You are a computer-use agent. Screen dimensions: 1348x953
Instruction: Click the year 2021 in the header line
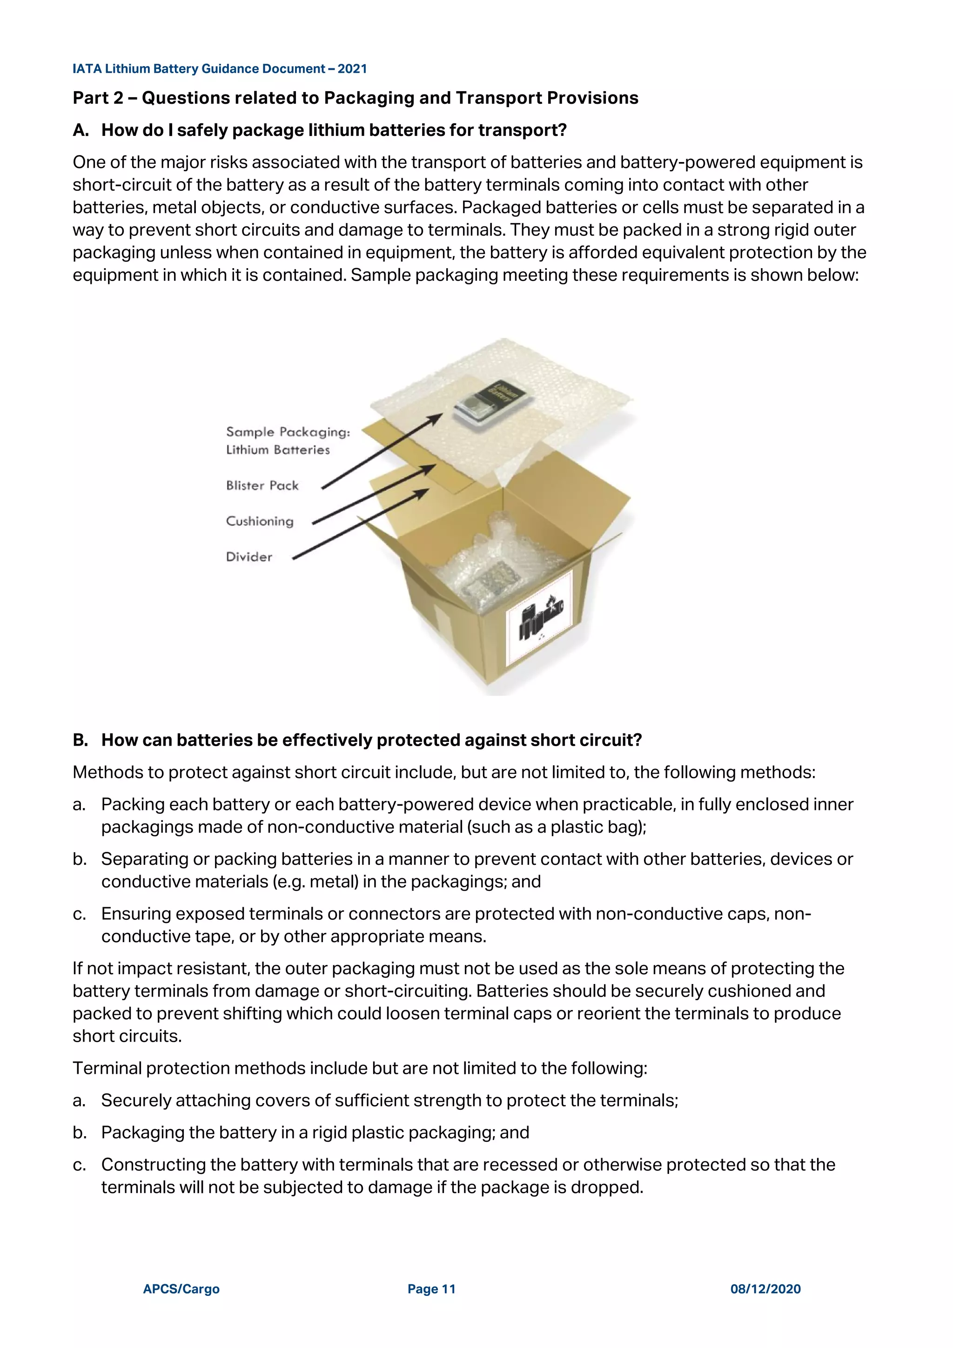(x=352, y=69)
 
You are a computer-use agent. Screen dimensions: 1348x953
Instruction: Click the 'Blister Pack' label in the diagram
(x=262, y=485)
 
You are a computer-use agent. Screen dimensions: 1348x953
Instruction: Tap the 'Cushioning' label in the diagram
(x=259, y=521)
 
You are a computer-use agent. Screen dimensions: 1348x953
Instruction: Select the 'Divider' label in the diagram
(x=249, y=557)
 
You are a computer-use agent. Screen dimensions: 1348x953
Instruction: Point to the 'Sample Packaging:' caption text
(x=288, y=432)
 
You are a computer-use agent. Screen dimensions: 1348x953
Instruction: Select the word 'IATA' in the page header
(x=87, y=69)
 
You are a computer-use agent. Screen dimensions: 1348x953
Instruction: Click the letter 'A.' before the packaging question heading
(x=81, y=130)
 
